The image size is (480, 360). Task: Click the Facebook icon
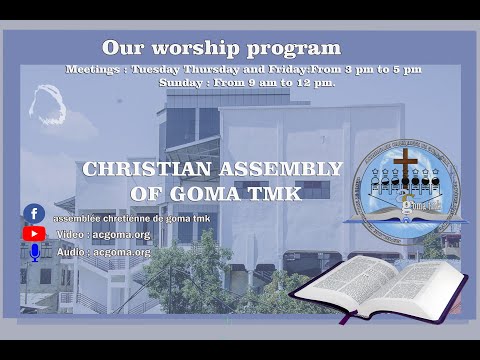coord(34,214)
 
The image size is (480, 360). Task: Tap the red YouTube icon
coord(34,233)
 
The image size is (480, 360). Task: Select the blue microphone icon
coord(34,252)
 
